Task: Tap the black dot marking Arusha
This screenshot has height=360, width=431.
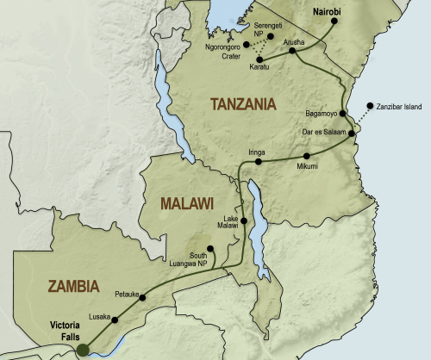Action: pyautogui.click(x=291, y=51)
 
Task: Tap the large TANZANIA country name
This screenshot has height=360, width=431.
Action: pyautogui.click(x=243, y=104)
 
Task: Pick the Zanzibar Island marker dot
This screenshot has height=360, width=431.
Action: pyautogui.click(x=371, y=106)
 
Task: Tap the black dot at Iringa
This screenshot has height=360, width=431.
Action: pyautogui.click(x=258, y=161)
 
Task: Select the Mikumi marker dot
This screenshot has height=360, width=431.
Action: pyautogui.click(x=306, y=156)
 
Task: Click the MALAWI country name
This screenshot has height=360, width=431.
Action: pyautogui.click(x=184, y=204)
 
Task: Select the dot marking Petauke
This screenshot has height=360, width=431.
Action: pyautogui.click(x=142, y=297)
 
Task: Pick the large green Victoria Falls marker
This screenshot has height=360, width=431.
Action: pyautogui.click(x=83, y=350)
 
